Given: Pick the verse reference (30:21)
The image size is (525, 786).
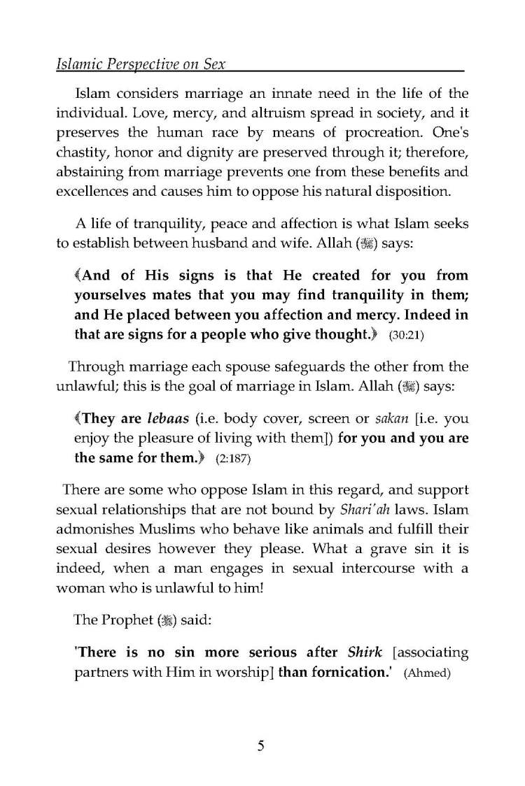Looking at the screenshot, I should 406,336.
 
